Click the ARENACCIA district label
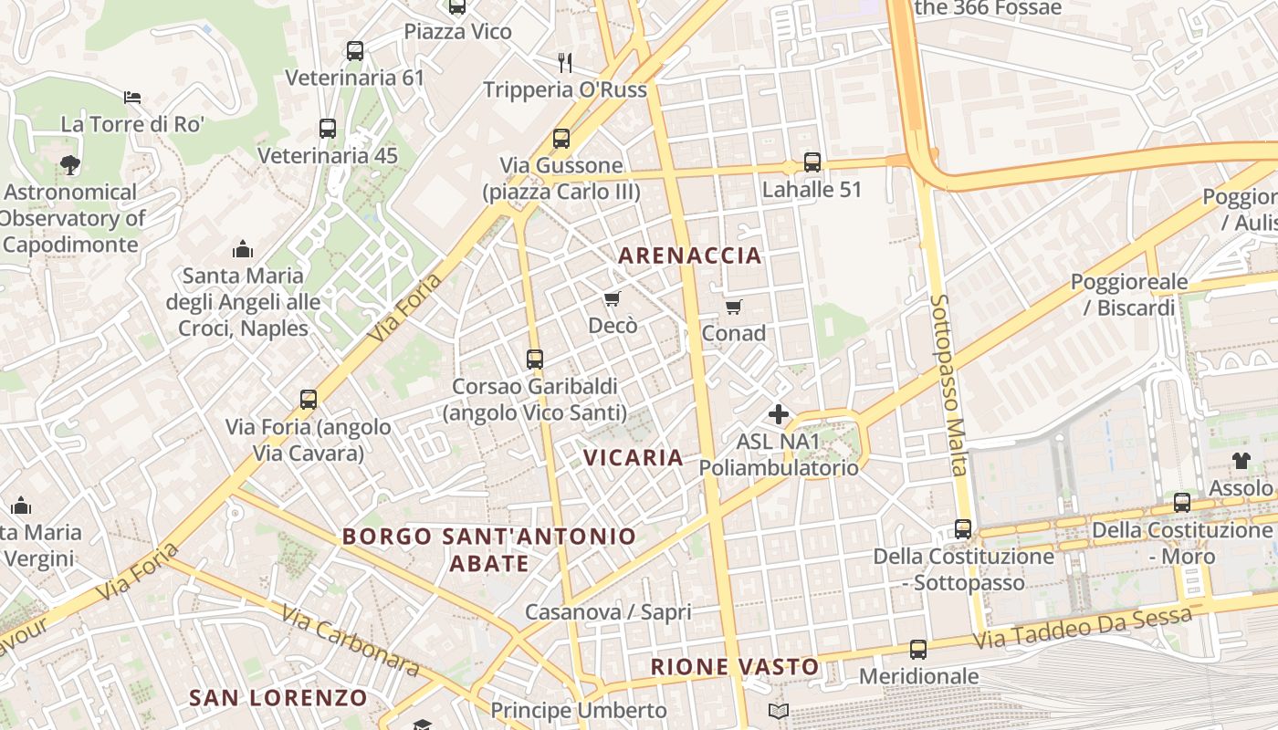690,255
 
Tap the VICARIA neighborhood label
634,457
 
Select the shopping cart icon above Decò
612,298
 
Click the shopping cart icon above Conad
733,307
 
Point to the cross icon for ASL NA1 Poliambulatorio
778,414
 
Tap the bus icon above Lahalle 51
812,162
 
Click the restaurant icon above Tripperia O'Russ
565,62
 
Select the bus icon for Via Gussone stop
560,139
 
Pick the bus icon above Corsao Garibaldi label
535,360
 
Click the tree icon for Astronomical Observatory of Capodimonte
69,165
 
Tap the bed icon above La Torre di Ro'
132,97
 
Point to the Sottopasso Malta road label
948,384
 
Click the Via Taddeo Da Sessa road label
1082,629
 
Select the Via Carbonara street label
351,641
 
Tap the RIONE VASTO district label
735,667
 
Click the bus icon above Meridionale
917,650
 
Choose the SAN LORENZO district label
278,698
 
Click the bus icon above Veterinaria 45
328,129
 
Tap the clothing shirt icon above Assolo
1241,460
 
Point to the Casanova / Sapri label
608,612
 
